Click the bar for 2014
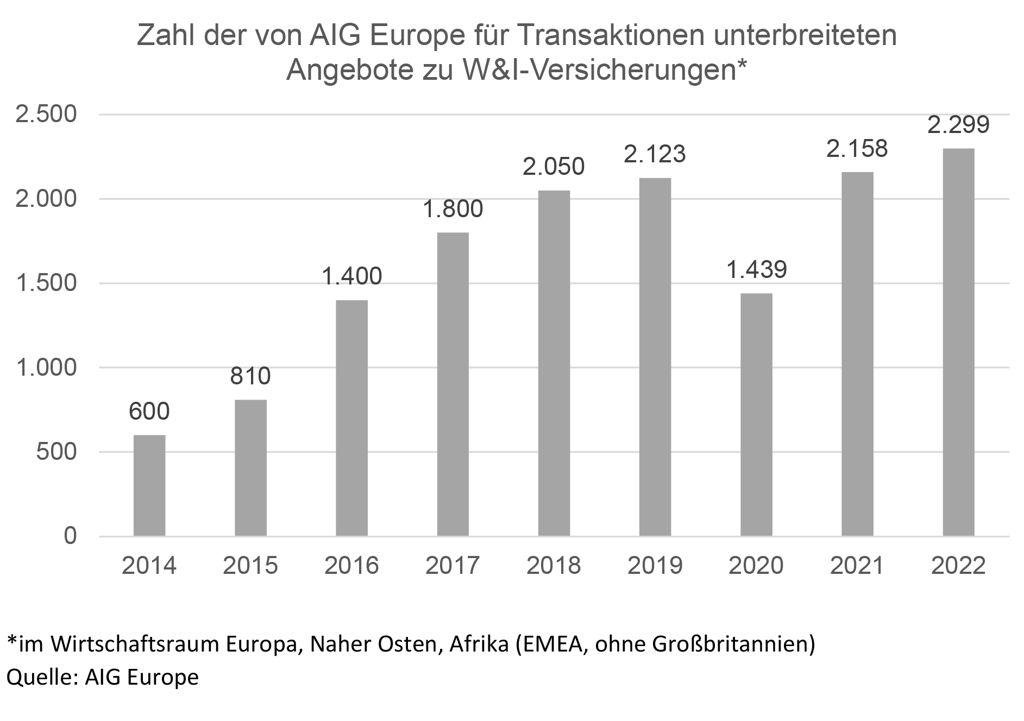pyautogui.click(x=149, y=485)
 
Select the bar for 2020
pyautogui.click(x=756, y=415)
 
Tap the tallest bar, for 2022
pyautogui.click(x=958, y=342)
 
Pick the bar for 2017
pyautogui.click(x=453, y=384)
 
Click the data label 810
pyautogui.click(x=250, y=376)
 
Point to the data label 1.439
pyautogui.click(x=756, y=269)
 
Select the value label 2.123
pyautogui.click(x=655, y=154)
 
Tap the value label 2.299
pyautogui.click(x=958, y=125)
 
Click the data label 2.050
pyautogui.click(x=554, y=166)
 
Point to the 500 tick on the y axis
pyautogui.click(x=57, y=452)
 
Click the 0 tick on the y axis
pyautogui.click(x=70, y=536)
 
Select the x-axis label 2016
pyautogui.click(x=351, y=566)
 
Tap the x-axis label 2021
pyautogui.click(x=857, y=566)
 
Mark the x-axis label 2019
pyautogui.click(x=655, y=566)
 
